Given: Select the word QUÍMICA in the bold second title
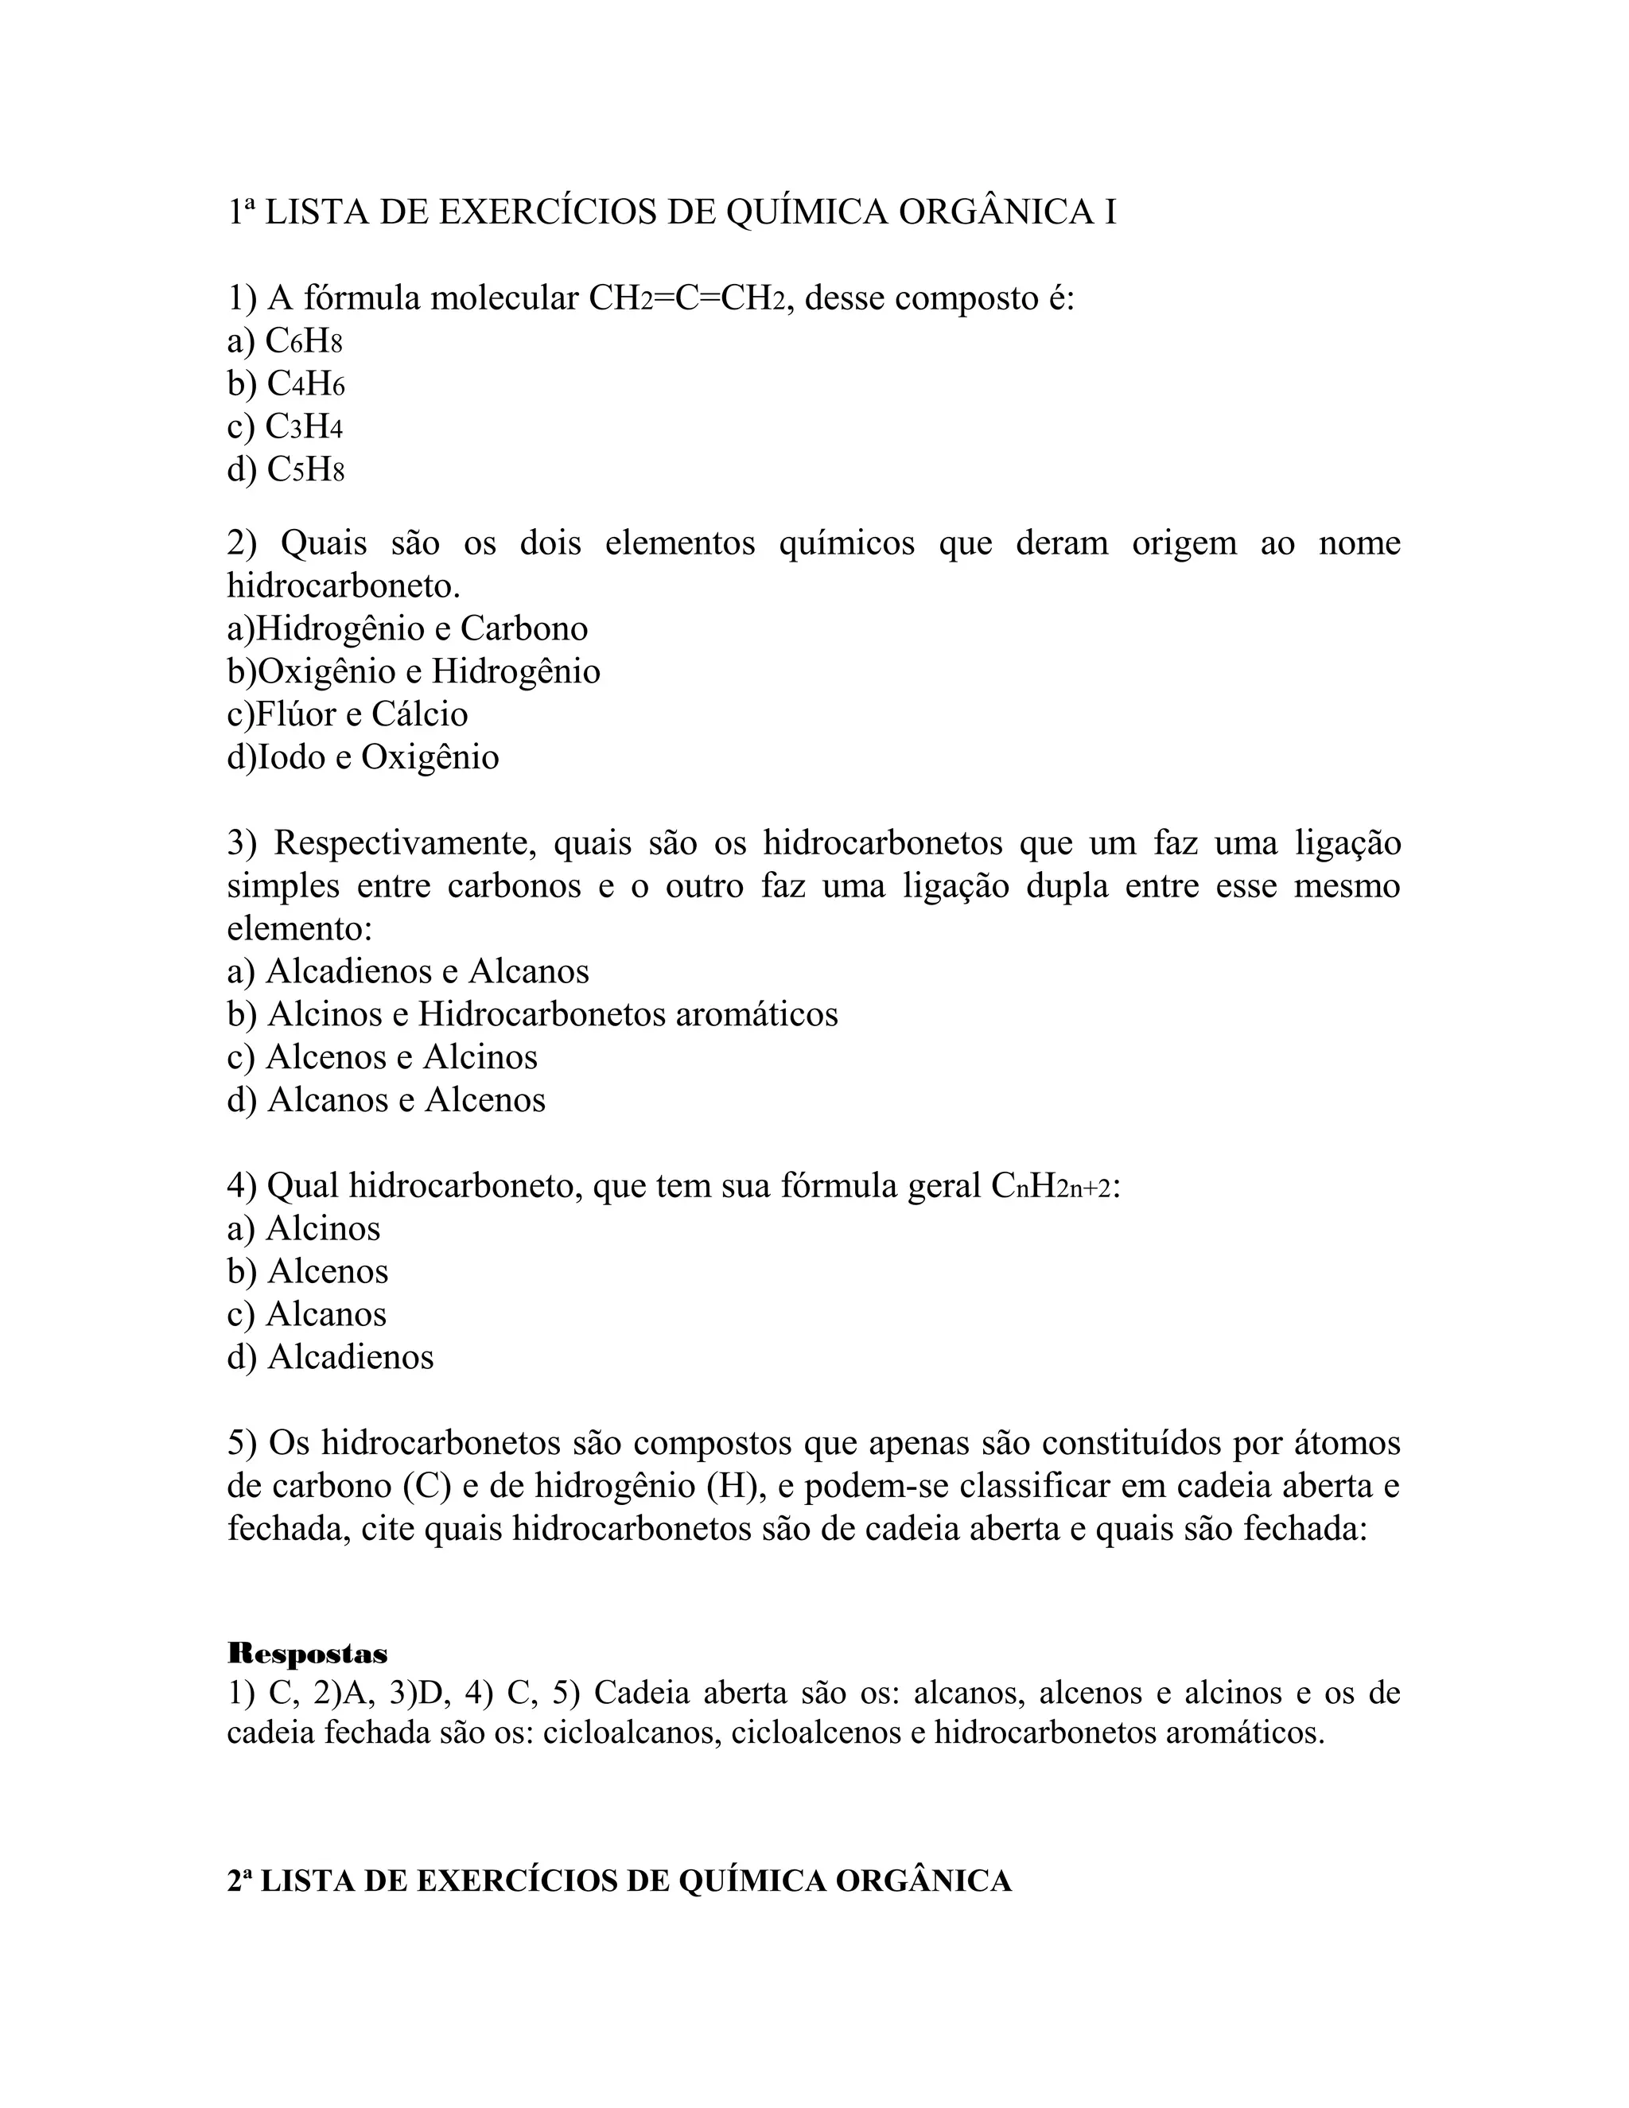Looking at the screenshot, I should [x=751, y=1880].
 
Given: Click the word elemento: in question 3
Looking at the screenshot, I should [x=299, y=928].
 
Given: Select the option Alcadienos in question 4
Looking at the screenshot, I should [x=350, y=1357].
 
